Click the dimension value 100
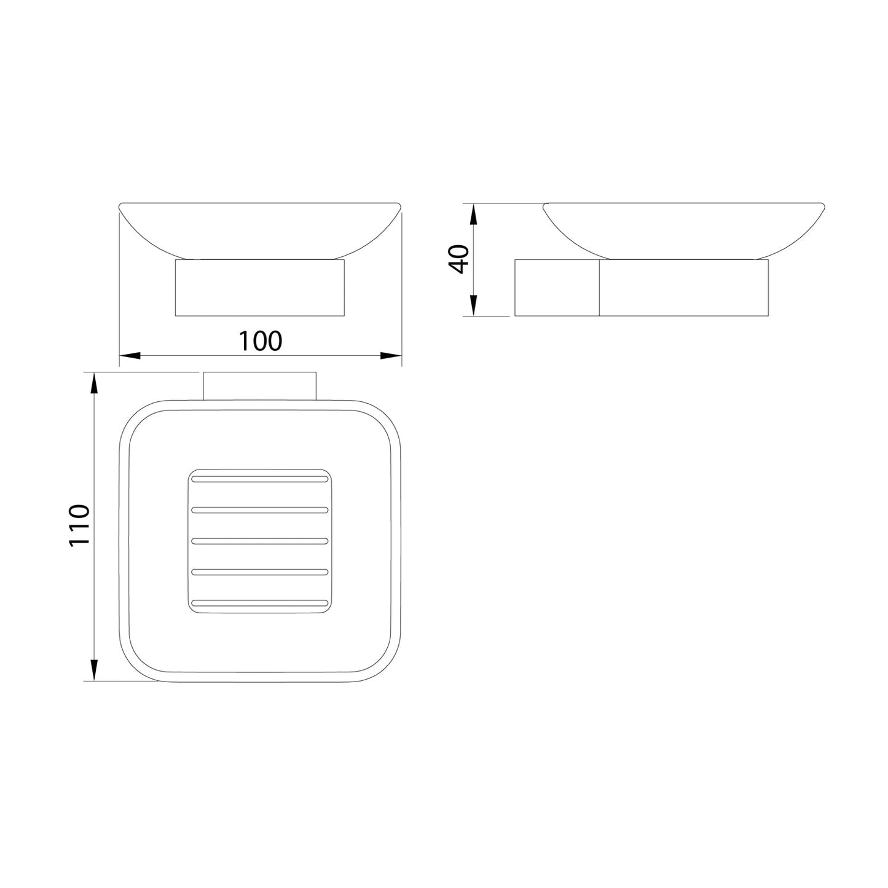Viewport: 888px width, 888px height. click(260, 341)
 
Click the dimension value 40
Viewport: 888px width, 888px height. click(459, 259)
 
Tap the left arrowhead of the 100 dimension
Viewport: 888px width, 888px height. click(130, 355)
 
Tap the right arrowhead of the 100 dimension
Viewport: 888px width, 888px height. click(390, 355)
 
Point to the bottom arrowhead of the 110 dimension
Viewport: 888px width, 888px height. click(93, 669)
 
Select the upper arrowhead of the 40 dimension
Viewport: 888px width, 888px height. click(473, 214)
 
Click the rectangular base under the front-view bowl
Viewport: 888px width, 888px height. click(260, 288)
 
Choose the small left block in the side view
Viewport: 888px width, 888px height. click(557, 288)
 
